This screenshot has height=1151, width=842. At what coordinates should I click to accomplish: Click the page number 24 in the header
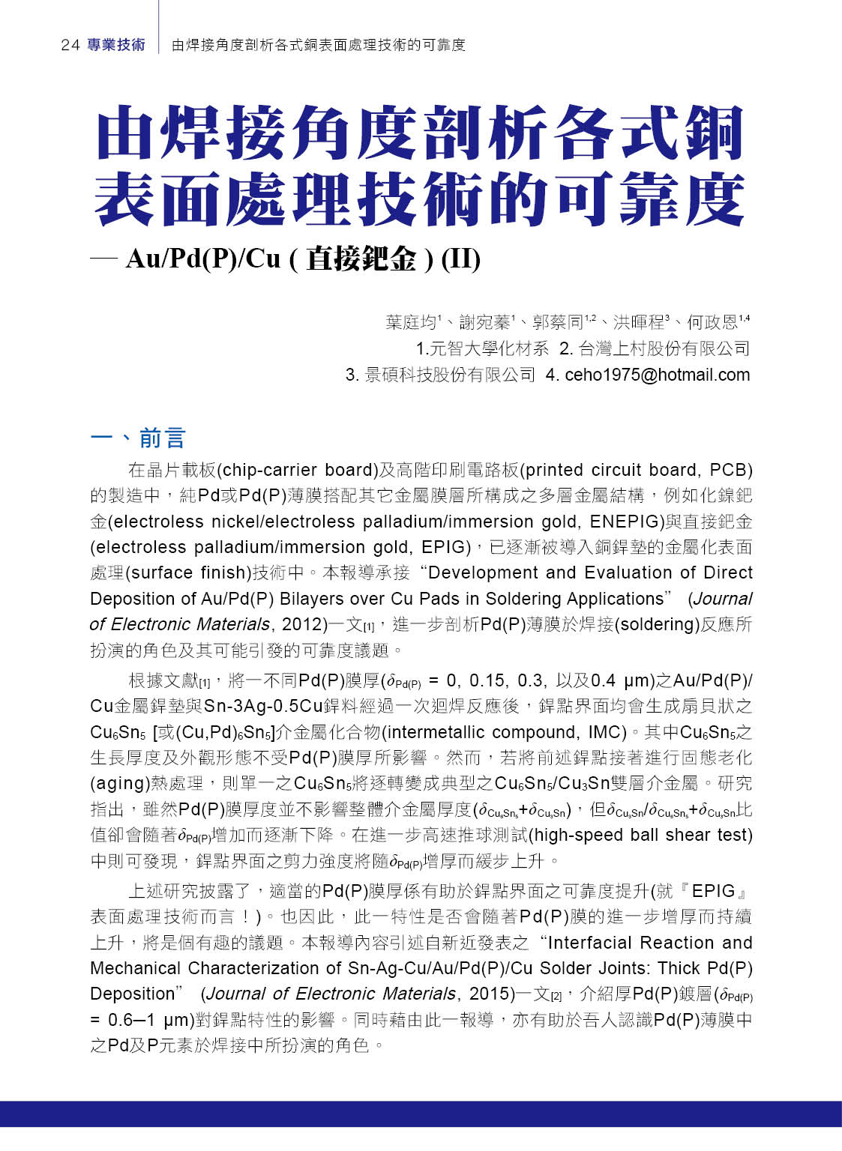coord(70,45)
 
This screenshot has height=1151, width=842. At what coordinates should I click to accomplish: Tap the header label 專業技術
coord(116,45)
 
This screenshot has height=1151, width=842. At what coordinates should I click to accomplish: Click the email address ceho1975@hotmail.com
coord(657,375)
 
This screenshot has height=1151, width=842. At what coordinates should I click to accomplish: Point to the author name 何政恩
coord(712,322)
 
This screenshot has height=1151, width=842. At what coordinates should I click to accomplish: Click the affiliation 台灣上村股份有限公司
coord(664,348)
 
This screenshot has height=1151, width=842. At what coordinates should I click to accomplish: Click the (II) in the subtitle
coord(460,259)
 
